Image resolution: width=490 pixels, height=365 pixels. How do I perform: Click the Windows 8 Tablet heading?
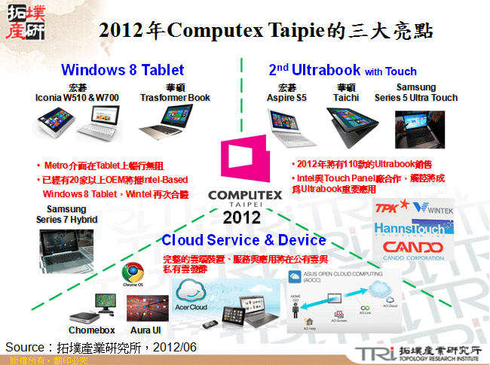(x=122, y=70)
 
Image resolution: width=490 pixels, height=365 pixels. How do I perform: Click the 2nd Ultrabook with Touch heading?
(x=342, y=71)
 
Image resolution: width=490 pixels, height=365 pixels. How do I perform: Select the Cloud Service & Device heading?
(x=243, y=240)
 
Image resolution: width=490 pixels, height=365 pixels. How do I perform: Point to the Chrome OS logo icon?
(x=133, y=272)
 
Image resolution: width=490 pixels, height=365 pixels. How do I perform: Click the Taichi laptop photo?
(x=348, y=125)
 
